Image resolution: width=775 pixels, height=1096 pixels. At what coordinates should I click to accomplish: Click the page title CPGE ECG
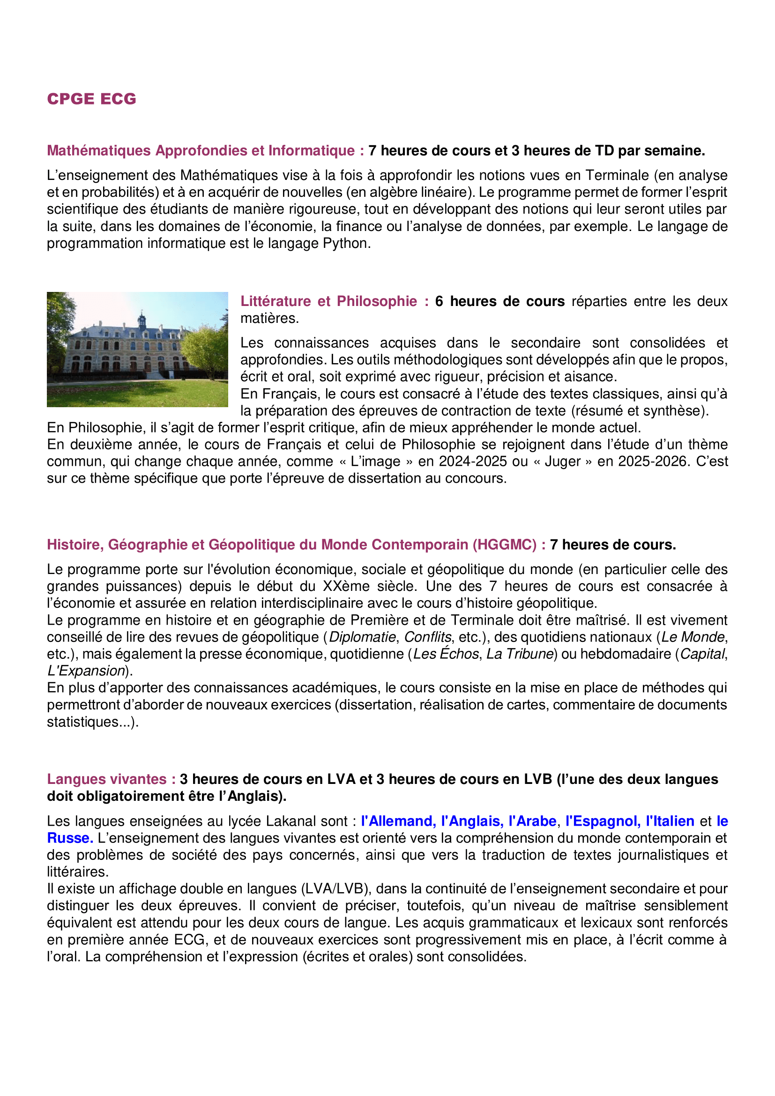[92, 99]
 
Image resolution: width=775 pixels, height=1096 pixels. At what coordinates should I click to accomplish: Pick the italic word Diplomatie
[362, 637]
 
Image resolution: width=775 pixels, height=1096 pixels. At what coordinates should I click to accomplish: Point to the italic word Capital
[702, 654]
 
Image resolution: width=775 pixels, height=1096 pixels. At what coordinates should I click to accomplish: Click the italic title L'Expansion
[86, 671]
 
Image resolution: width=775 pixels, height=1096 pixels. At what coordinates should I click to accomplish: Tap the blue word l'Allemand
[398, 821]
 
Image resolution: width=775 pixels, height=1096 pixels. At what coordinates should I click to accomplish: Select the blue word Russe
[70, 838]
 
